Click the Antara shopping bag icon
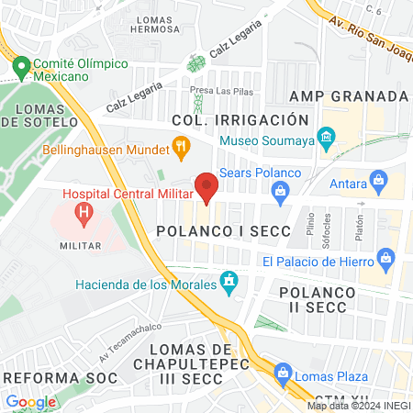[x=376, y=178]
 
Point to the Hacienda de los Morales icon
[x=229, y=282]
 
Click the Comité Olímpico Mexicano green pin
[x=21, y=68]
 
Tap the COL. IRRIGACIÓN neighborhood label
[x=237, y=120]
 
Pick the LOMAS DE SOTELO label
[x=39, y=117]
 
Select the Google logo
[x=30, y=401]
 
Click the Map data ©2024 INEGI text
[x=358, y=405]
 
